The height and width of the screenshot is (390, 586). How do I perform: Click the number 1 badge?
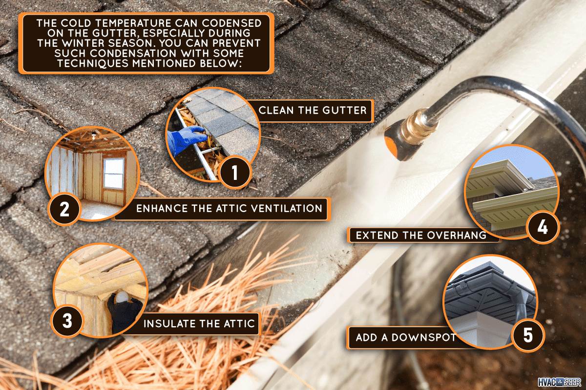click(x=235, y=173)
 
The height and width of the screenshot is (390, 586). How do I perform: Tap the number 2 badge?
click(x=64, y=209)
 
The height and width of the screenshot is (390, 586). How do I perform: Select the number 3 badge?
click(x=67, y=321)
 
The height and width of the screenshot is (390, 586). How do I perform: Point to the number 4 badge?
click(x=543, y=227)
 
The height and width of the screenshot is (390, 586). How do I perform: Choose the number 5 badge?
click(x=528, y=335)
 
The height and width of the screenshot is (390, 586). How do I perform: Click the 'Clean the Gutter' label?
click(x=313, y=111)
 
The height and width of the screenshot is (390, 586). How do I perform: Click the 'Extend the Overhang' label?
click(x=420, y=235)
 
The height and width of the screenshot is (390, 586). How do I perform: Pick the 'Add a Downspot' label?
click(x=405, y=337)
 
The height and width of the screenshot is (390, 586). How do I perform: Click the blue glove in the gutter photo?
click(x=186, y=139)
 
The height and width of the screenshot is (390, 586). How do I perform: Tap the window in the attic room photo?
click(x=114, y=173)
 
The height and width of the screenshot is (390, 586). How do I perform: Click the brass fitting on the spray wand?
click(x=416, y=126)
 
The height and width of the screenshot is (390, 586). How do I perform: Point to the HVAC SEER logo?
click(x=559, y=382)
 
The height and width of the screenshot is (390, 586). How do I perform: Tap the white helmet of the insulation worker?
click(x=122, y=297)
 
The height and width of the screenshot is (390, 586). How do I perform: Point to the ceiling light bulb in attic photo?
click(x=94, y=136)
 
